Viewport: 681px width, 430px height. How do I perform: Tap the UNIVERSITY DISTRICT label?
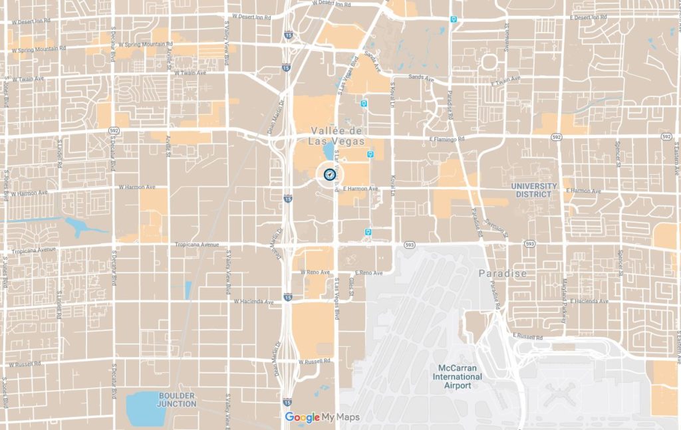tap(534, 190)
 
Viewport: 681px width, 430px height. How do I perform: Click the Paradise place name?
tap(502, 273)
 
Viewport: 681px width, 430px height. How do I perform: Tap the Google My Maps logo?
tap(323, 417)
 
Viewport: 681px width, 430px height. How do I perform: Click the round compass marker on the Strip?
tap(329, 174)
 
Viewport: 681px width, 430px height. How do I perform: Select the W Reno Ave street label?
tap(315, 272)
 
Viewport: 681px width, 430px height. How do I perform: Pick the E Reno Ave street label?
tap(368, 273)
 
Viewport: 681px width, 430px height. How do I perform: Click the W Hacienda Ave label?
tap(253, 301)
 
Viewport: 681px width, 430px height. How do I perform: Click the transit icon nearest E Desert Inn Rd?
tap(454, 19)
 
